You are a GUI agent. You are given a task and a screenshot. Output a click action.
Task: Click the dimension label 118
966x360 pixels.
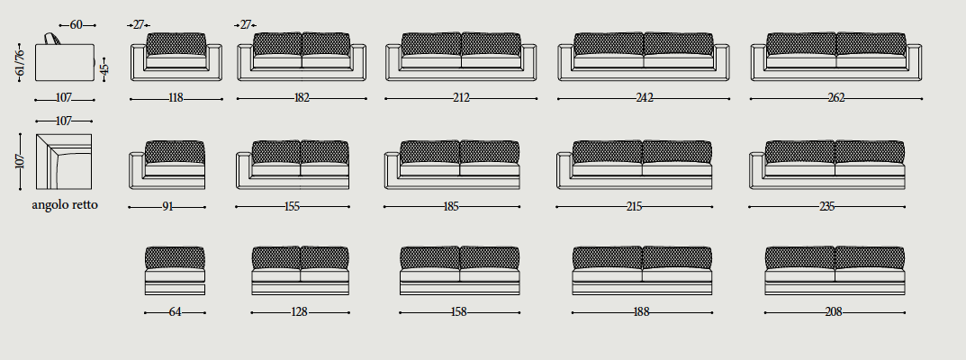point(176,98)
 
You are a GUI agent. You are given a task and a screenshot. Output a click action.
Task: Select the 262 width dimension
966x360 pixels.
point(836,98)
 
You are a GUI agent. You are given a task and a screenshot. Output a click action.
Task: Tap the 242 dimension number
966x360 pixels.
point(644,98)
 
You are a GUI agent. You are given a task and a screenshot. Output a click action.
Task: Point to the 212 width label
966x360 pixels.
point(461,98)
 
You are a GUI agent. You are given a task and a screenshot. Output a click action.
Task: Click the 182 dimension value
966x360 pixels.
point(302,98)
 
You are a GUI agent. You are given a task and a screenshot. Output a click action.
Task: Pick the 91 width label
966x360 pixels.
point(167,207)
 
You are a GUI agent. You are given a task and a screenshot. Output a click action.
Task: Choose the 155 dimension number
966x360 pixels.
point(292,207)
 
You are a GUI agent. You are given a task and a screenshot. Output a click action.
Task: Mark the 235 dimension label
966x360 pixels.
point(826,207)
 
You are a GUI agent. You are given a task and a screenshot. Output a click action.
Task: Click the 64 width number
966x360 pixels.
point(175,312)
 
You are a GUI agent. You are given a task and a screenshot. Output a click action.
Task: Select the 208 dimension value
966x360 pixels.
point(834,312)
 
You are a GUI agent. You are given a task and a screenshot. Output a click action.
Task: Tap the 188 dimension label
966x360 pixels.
point(641,312)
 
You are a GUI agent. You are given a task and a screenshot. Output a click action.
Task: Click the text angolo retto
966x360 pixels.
point(65,205)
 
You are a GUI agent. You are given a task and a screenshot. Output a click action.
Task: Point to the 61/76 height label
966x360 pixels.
point(20,62)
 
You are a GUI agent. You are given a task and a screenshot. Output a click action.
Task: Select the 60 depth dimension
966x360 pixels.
point(77,25)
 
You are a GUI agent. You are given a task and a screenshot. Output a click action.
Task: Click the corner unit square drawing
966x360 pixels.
point(63,162)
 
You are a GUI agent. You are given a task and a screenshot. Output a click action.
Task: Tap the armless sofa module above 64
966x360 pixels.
point(175,271)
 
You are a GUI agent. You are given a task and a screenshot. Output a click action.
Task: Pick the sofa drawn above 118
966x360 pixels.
point(176,57)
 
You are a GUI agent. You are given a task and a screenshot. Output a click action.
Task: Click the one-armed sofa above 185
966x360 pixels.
point(452,165)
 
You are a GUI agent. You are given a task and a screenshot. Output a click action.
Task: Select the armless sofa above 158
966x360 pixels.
point(459,271)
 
